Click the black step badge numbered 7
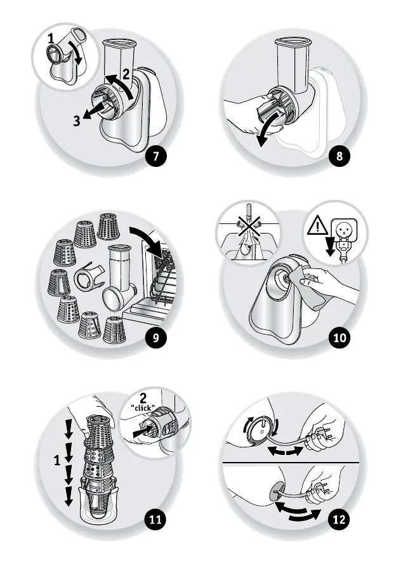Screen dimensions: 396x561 155,155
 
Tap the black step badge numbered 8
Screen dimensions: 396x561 339,155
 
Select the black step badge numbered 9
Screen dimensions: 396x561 155,338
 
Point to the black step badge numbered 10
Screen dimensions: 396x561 339,338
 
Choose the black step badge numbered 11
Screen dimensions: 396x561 155,519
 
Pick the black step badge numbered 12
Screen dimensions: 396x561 339,519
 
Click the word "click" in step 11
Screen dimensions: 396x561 143,407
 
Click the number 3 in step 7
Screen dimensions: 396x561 76,121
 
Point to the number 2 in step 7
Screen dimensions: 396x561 126,74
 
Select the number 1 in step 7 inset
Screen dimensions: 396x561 51,37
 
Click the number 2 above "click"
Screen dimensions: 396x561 143,398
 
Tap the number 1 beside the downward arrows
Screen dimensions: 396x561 57,460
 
